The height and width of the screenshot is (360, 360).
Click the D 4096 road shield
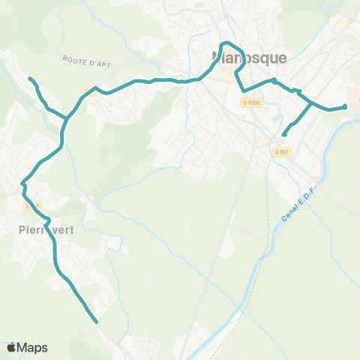[x=252, y=103]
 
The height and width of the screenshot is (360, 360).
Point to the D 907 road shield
[x=282, y=152]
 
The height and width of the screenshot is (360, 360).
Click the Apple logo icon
[x=12, y=347]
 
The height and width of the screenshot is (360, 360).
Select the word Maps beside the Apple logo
[x=32, y=347]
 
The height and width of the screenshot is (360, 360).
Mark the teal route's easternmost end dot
[x=345, y=106]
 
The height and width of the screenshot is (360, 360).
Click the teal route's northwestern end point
[x=30, y=79]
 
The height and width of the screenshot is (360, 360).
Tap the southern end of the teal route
[x=97, y=322]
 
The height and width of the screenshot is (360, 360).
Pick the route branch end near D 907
[x=283, y=135]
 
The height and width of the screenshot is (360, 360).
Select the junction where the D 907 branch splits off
[x=311, y=103]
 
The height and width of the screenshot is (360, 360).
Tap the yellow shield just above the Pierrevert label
[x=31, y=205]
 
